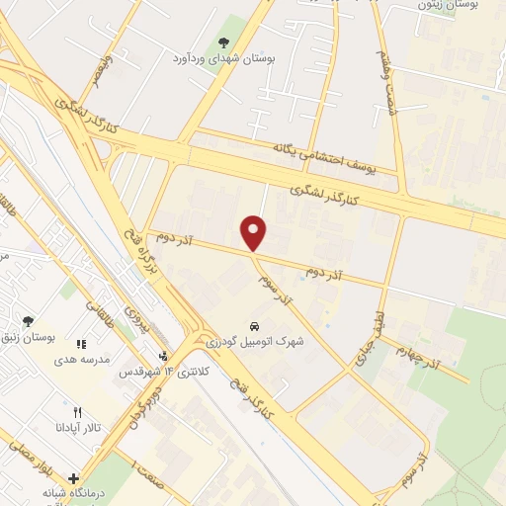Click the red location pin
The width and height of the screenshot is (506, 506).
pos(255,232)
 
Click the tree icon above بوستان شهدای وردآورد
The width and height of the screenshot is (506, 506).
pos(224,42)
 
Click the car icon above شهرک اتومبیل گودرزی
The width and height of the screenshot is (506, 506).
pos(255,326)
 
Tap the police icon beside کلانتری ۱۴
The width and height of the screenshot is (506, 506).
pos(163,357)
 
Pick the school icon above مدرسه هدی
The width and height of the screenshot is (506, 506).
pos(81,344)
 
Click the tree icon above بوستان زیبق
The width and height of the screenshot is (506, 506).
pos(28,321)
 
